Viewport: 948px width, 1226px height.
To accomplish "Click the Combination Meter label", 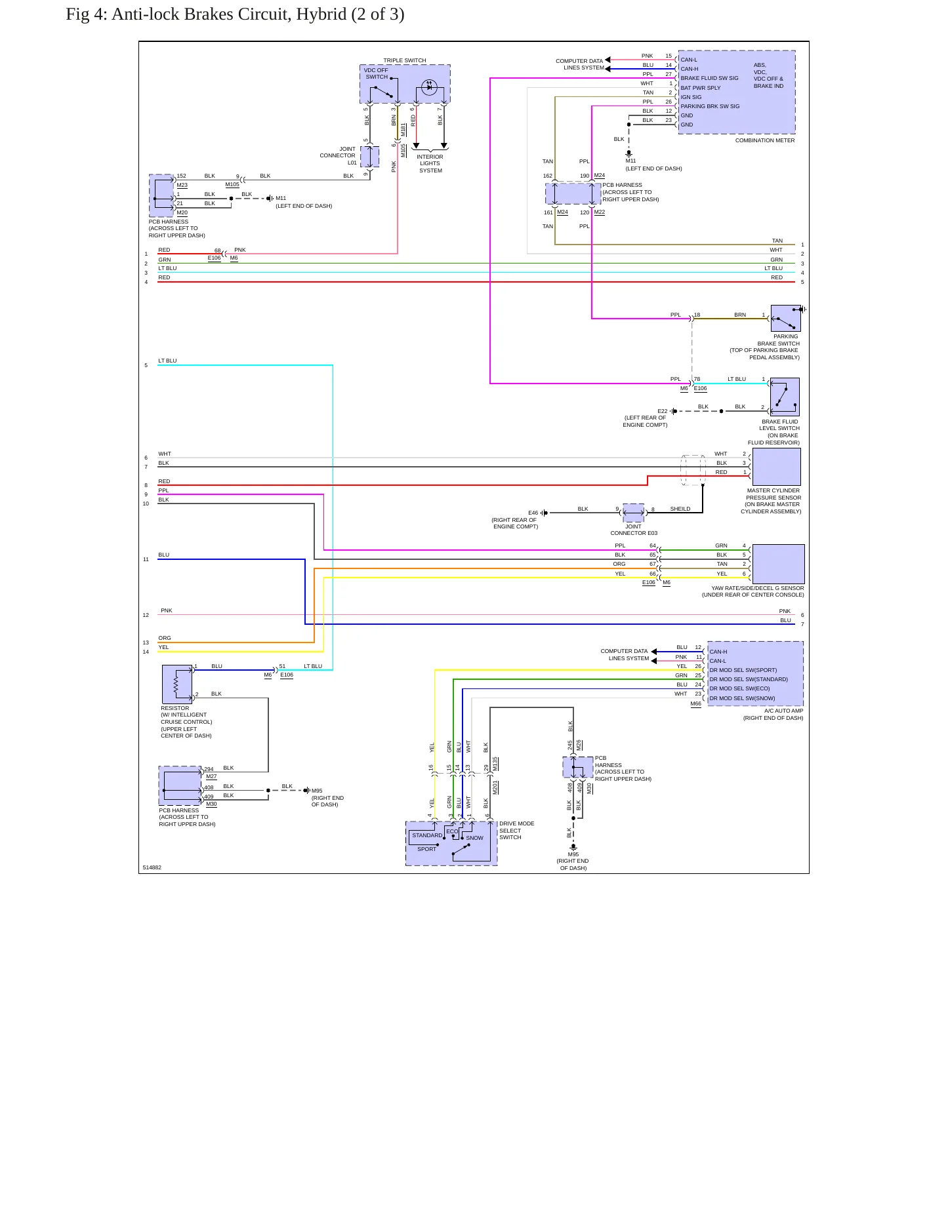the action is [764, 140].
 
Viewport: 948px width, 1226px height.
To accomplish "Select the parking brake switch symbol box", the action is [785, 318].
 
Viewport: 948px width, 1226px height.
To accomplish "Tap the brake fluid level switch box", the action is [785, 397].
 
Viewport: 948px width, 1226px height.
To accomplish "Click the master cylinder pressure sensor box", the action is [777, 467].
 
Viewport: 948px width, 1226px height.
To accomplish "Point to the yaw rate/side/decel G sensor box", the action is [778, 564].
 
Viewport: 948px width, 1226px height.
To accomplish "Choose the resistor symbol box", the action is [177, 684].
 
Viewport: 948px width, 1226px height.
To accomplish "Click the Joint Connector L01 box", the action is [370, 157].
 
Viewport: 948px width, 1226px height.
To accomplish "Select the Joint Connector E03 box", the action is [633, 513].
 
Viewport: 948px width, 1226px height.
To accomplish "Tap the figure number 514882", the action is [152, 867].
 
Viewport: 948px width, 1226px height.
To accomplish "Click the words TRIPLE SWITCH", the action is [405, 60].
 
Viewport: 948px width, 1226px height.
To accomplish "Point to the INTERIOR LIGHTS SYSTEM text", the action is [430, 163].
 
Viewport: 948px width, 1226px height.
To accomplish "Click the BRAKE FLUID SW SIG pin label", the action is [709, 78].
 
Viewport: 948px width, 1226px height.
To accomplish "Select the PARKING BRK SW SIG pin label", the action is [710, 106].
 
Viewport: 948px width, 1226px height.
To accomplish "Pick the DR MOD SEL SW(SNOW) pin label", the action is [742, 698].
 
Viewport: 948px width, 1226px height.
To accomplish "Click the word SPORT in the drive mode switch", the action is [426, 849].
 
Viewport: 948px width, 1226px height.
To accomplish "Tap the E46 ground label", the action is [533, 513].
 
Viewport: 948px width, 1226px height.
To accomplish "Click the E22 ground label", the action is [663, 411].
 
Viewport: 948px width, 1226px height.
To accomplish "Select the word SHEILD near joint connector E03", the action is [680, 509].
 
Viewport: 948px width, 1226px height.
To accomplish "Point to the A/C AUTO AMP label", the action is [784, 711].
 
